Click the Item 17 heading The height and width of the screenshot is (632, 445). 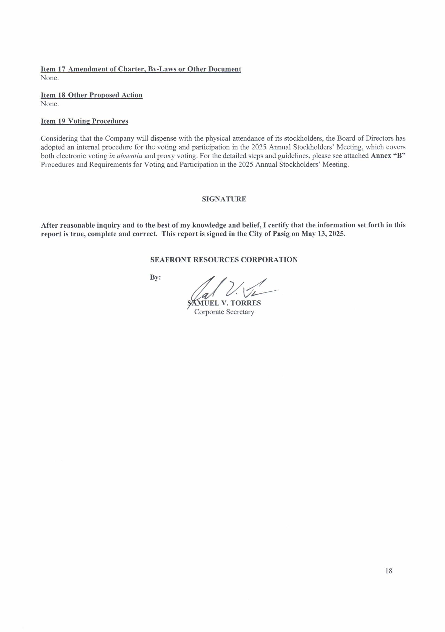140,69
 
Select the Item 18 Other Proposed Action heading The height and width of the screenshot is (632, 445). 92,95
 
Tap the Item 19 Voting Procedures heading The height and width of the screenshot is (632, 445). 84,121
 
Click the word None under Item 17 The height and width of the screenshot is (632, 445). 50,78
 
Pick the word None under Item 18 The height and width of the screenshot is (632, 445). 50,104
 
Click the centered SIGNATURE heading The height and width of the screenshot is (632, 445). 224,199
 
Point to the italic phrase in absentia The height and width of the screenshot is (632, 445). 126,156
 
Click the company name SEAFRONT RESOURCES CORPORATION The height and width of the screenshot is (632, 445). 224,260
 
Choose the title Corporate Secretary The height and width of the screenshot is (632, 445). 224,312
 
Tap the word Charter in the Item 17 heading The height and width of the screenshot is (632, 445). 131,69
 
